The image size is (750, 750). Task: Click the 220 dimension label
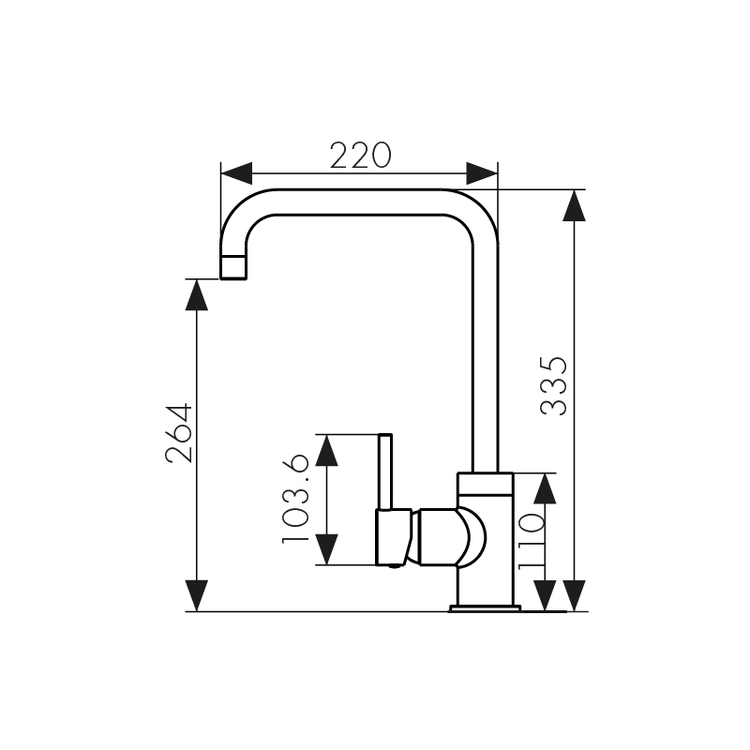(361, 155)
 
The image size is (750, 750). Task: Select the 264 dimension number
(179, 434)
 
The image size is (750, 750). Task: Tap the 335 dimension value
(553, 385)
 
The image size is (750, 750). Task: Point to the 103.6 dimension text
(295, 499)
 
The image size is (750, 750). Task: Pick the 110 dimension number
(531, 542)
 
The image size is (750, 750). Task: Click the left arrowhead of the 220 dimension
(236, 173)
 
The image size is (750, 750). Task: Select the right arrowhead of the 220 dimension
(482, 173)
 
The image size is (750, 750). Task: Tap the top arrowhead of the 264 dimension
(197, 294)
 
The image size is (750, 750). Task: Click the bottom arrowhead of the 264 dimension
(197, 595)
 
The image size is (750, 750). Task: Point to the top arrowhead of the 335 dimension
(575, 205)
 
